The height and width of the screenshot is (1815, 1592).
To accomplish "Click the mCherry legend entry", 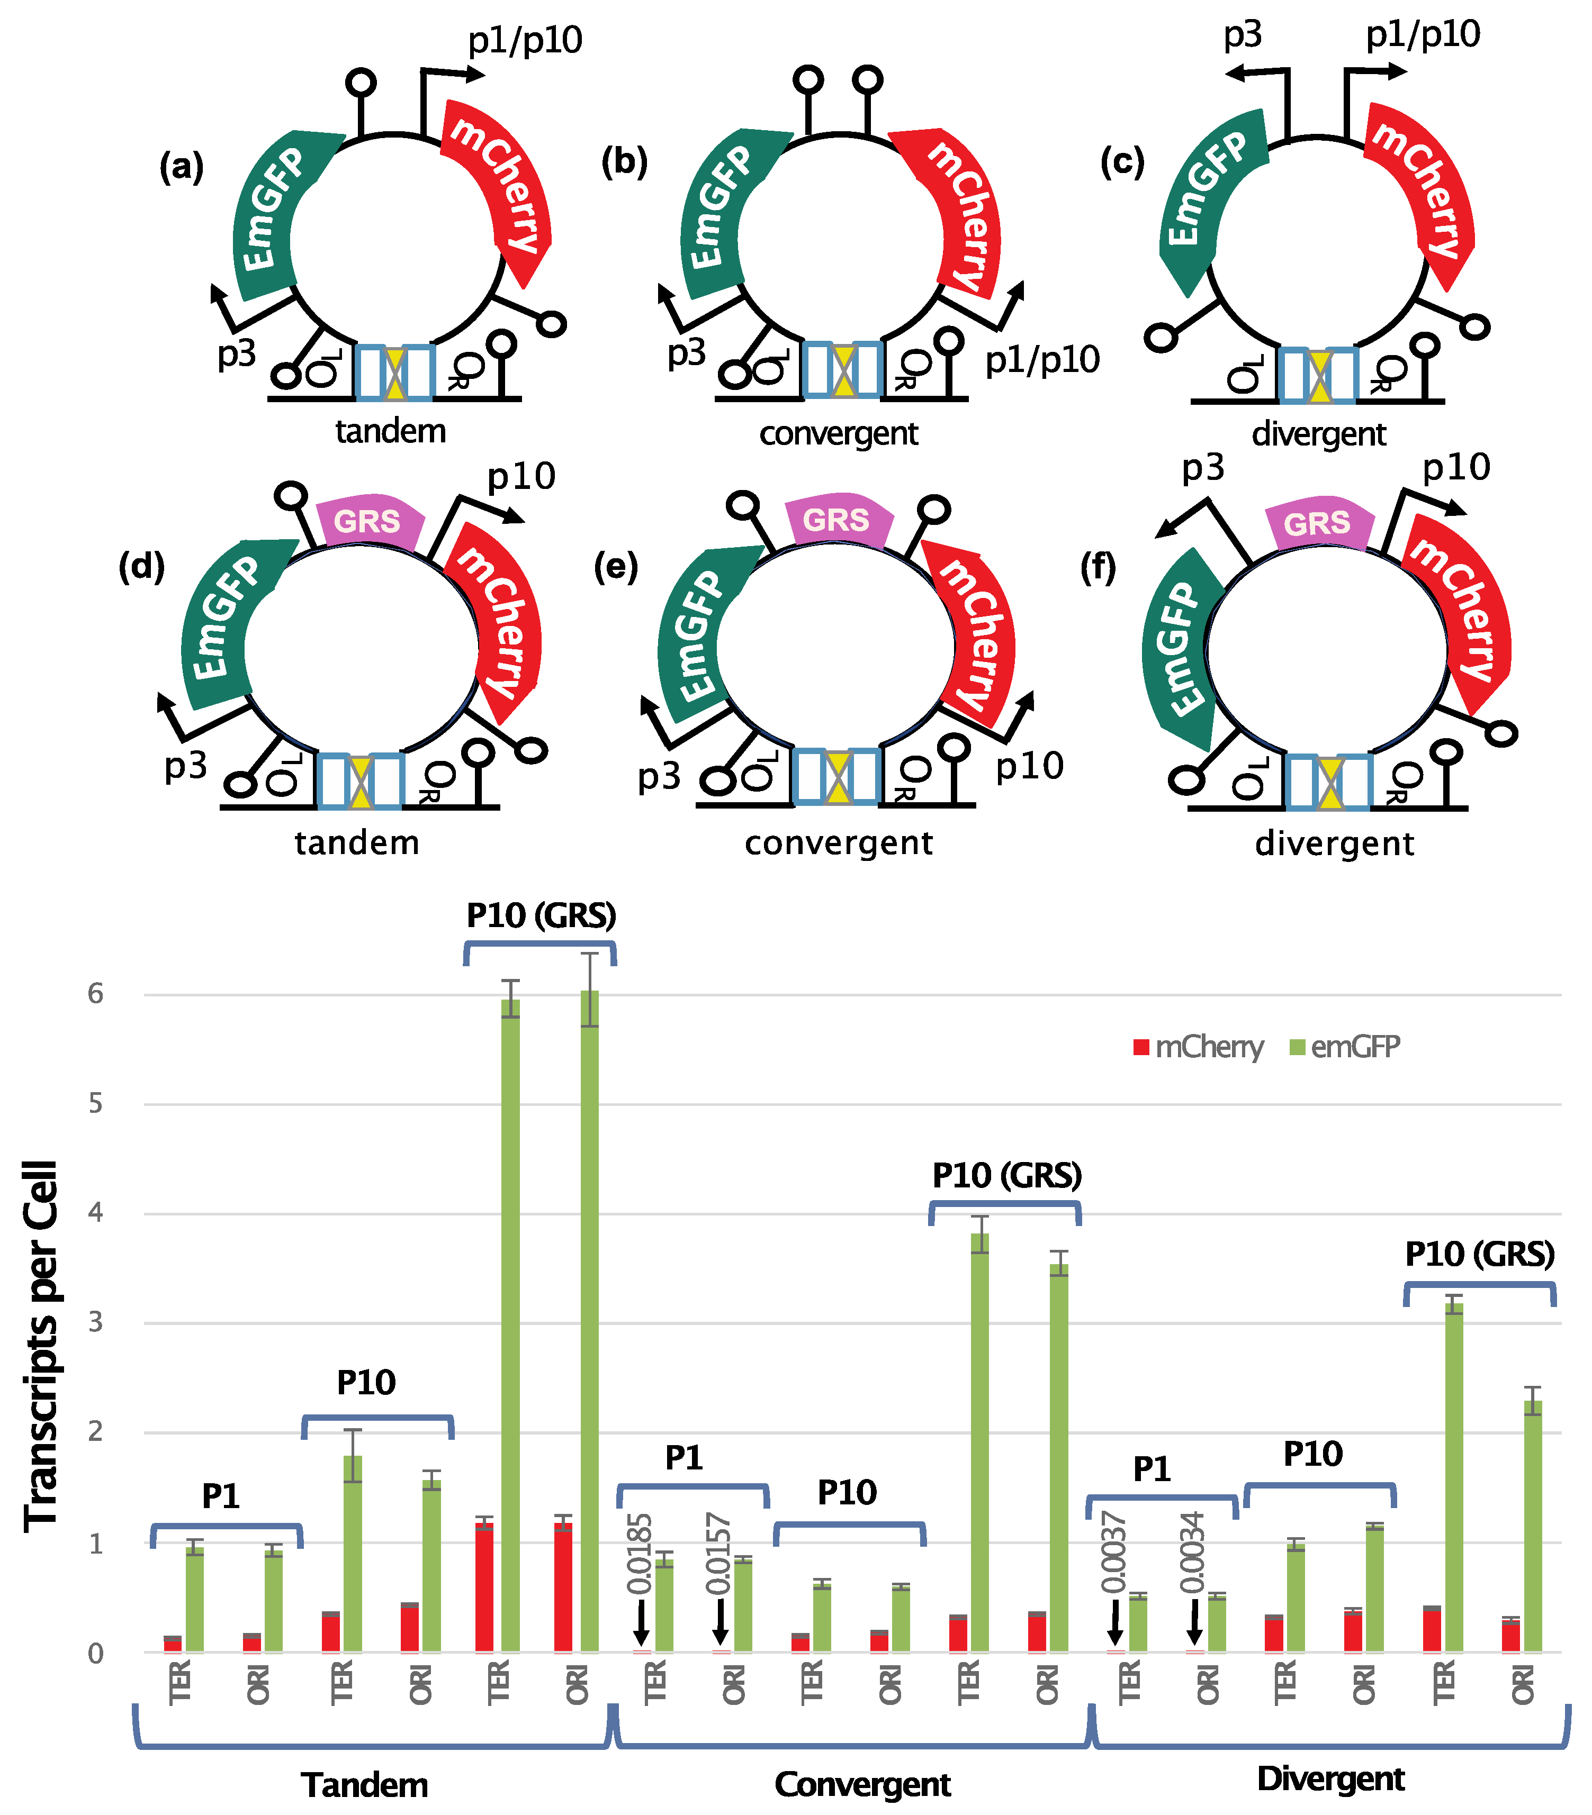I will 1199,1048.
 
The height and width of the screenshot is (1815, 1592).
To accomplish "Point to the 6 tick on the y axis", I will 95,994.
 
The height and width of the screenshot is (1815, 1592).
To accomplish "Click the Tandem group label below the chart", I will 365,1785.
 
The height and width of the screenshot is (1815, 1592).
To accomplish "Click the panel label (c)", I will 1121,162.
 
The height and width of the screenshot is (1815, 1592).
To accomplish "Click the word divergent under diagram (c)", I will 1318,434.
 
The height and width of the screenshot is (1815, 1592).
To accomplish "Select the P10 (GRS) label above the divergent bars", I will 1479,1255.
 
